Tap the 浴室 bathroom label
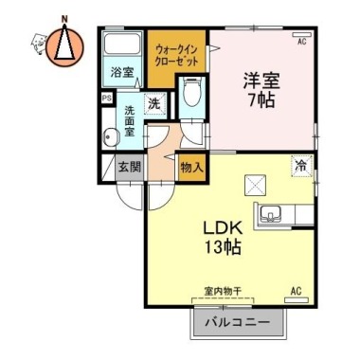(121, 72)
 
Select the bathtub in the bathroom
(121, 46)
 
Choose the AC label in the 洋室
(302, 43)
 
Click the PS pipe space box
(106, 97)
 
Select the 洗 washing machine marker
(152, 104)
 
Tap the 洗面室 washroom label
(130, 121)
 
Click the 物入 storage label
(190, 168)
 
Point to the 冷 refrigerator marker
(302, 164)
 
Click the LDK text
(226, 229)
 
